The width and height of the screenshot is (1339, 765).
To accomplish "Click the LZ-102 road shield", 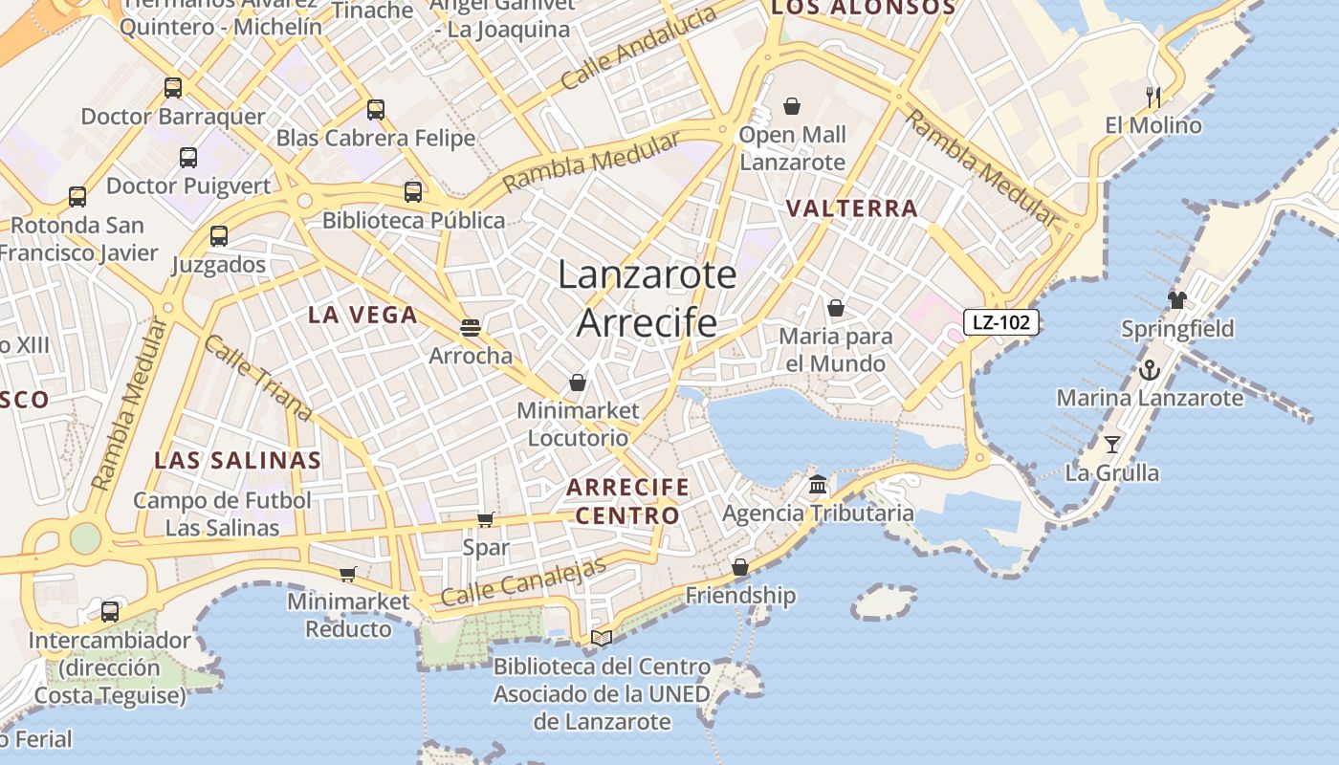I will pyautogui.click(x=1000, y=322).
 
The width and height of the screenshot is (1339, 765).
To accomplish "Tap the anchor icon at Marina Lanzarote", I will pyautogui.click(x=1149, y=369).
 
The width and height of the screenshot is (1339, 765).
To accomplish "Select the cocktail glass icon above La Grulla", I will pyautogui.click(x=1111, y=444).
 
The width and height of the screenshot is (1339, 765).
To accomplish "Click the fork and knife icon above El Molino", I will pyautogui.click(x=1153, y=97).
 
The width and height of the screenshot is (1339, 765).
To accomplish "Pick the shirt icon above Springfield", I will pyautogui.click(x=1176, y=299).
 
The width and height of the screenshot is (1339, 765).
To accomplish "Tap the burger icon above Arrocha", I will pyautogui.click(x=470, y=327).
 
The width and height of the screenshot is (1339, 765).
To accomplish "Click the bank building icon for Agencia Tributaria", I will pyautogui.click(x=818, y=484).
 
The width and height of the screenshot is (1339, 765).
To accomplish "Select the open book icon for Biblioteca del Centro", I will pyautogui.click(x=602, y=637).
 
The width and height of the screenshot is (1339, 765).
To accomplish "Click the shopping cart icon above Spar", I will pyautogui.click(x=486, y=519).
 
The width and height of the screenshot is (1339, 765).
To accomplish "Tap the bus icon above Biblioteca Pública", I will pyautogui.click(x=413, y=191).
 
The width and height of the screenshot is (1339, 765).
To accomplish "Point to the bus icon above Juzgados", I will pyautogui.click(x=219, y=235).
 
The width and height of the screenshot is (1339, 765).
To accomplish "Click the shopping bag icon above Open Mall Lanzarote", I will pyautogui.click(x=792, y=105).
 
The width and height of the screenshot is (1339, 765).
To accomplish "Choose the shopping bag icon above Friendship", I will pyautogui.click(x=739, y=567).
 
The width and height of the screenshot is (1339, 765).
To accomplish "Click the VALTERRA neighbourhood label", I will pyautogui.click(x=851, y=208).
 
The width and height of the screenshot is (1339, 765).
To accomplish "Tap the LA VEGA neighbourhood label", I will pyautogui.click(x=362, y=315).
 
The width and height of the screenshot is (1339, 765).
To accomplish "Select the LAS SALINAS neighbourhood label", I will pyautogui.click(x=238, y=460).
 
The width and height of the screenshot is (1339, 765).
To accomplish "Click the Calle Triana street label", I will pyautogui.click(x=258, y=379).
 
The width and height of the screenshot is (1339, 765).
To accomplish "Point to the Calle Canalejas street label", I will pyautogui.click(x=523, y=581).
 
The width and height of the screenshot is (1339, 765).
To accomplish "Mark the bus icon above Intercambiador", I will pyautogui.click(x=110, y=611).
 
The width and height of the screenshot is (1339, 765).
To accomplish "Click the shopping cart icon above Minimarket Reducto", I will pyautogui.click(x=347, y=574).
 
